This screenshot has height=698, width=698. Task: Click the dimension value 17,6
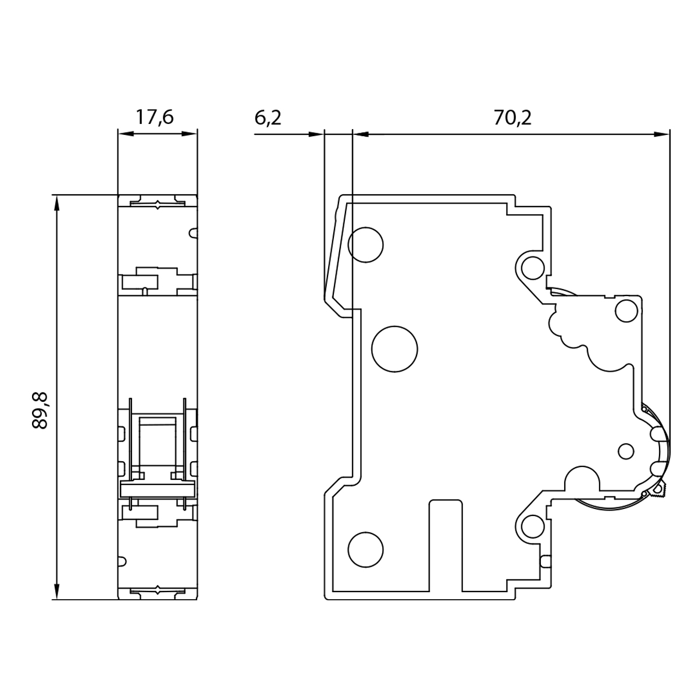pos(155,117)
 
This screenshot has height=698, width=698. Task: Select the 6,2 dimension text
pos(268,118)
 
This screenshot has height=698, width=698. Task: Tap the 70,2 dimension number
pos(512,118)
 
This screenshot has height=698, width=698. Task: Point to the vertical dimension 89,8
pos(40,411)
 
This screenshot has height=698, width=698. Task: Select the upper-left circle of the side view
pos(365,244)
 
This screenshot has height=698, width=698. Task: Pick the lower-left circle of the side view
pos(365,549)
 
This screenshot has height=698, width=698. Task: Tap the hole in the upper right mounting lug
pos(532,268)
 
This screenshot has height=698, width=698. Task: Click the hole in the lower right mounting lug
pos(532,526)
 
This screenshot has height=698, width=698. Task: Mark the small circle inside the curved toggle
pos(625,451)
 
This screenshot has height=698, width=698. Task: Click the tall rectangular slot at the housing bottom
pos(446,544)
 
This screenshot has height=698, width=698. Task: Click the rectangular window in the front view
pos(158,440)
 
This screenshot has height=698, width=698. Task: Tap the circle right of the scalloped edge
pos(626,312)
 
